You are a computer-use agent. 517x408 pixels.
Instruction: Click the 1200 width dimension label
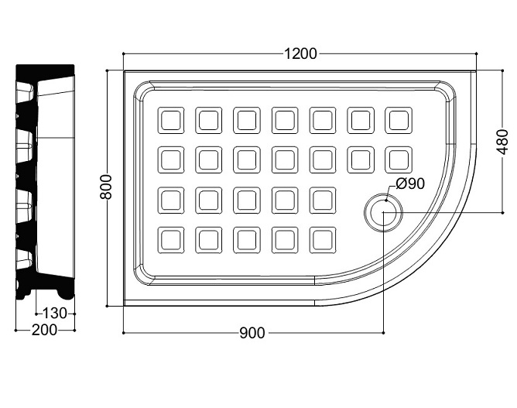(x=300, y=53)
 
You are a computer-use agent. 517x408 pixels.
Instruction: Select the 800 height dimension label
(x=106, y=187)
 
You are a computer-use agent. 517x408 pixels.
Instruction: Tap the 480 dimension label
(x=502, y=142)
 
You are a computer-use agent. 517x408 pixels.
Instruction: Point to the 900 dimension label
(x=252, y=333)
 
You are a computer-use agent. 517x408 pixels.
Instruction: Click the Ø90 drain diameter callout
(x=410, y=183)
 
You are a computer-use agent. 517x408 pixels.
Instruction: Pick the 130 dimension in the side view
(x=55, y=314)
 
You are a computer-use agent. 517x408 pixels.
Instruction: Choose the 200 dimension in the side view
(x=45, y=330)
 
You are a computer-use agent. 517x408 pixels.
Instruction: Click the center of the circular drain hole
(x=383, y=212)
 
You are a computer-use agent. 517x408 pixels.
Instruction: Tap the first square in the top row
(x=171, y=121)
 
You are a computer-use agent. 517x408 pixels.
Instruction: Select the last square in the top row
(x=399, y=121)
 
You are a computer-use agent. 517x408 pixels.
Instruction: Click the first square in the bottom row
(x=171, y=240)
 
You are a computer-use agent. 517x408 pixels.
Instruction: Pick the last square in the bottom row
(x=323, y=240)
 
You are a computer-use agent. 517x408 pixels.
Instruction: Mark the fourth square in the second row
(x=285, y=160)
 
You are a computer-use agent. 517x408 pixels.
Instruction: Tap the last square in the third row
(x=323, y=201)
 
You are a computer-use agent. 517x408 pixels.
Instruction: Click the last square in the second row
(x=399, y=160)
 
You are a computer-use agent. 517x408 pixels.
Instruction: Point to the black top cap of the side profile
(x=45, y=71)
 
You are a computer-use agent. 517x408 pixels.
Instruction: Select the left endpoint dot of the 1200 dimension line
(x=123, y=53)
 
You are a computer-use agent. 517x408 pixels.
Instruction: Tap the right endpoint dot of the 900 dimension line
(x=383, y=333)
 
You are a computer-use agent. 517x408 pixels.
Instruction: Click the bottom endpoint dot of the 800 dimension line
(x=107, y=307)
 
